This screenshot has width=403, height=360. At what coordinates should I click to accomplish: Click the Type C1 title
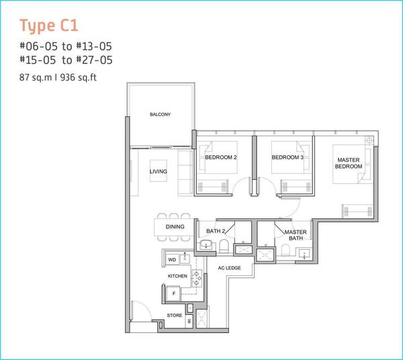[49, 26]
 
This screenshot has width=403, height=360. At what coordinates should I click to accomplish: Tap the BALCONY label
[160, 114]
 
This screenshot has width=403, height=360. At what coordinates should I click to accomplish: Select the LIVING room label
[159, 171]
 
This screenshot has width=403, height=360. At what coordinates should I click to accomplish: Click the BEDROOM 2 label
[221, 157]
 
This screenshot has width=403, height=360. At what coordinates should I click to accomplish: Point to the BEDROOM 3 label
[287, 157]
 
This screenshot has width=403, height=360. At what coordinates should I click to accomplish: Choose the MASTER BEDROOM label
[349, 163]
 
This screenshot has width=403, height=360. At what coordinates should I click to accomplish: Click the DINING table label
[175, 226]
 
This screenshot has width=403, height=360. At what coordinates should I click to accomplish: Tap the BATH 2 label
[216, 231]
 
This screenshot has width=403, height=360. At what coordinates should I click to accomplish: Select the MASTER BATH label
[296, 235]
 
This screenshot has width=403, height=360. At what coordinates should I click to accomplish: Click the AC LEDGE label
[230, 268]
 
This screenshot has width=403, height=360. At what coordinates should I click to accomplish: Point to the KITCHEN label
[177, 276]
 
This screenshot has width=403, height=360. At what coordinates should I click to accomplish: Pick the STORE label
[175, 315]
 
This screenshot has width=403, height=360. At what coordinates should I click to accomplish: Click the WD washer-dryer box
[172, 259]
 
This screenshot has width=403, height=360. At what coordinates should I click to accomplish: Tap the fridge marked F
[174, 294]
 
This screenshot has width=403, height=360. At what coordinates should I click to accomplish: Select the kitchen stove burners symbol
[197, 278]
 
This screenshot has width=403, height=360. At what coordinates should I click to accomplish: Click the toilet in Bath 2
[224, 246]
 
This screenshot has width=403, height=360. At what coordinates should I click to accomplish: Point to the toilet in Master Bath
[286, 249]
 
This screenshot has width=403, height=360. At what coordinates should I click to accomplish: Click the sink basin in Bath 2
[206, 244]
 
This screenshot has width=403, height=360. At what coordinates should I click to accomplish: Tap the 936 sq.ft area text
[79, 77]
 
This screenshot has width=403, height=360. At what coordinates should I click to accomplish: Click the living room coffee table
[159, 171]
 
